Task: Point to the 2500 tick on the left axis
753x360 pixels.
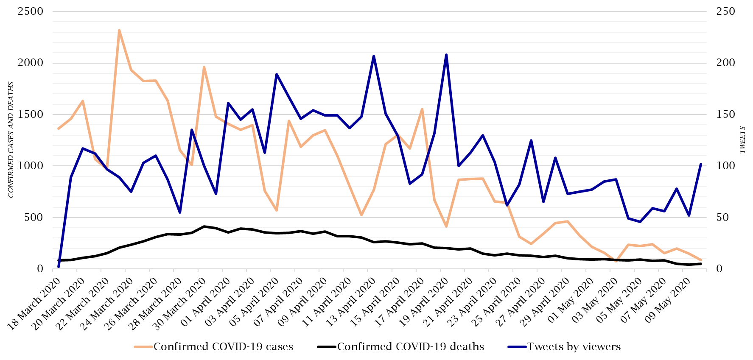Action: point(31,11)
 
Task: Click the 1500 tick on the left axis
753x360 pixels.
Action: point(31,114)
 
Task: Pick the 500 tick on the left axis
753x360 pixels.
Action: point(34,218)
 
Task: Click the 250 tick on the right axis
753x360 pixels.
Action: point(725,11)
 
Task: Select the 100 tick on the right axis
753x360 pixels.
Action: point(725,166)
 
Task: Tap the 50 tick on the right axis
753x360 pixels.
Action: point(723,218)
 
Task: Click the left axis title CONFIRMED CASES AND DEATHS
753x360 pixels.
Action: point(11,140)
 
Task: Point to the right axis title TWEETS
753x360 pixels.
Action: point(742,140)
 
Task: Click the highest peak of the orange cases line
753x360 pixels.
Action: point(119,31)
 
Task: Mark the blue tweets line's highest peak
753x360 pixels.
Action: point(446,55)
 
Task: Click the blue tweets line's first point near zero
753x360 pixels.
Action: point(59,267)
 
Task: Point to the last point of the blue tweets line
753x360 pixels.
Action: point(701,164)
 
